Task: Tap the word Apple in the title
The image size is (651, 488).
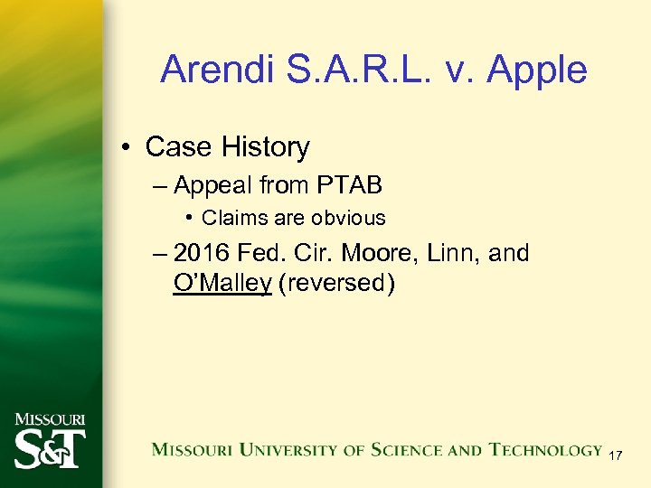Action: pyautogui.click(x=539, y=70)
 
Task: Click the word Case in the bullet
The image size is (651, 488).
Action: pyautogui.click(x=176, y=146)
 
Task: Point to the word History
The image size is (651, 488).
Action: pyautogui.click(x=262, y=146)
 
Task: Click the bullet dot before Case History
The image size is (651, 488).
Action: pyautogui.click(x=128, y=147)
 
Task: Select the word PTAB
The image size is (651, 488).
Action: pyautogui.click(x=349, y=185)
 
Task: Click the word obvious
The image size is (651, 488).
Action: pyautogui.click(x=348, y=218)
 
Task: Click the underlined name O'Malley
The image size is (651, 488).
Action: pyautogui.click(x=222, y=283)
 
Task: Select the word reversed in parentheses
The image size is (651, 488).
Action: pyautogui.click(x=336, y=283)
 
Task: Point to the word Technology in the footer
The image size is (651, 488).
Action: pyautogui.click(x=546, y=449)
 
